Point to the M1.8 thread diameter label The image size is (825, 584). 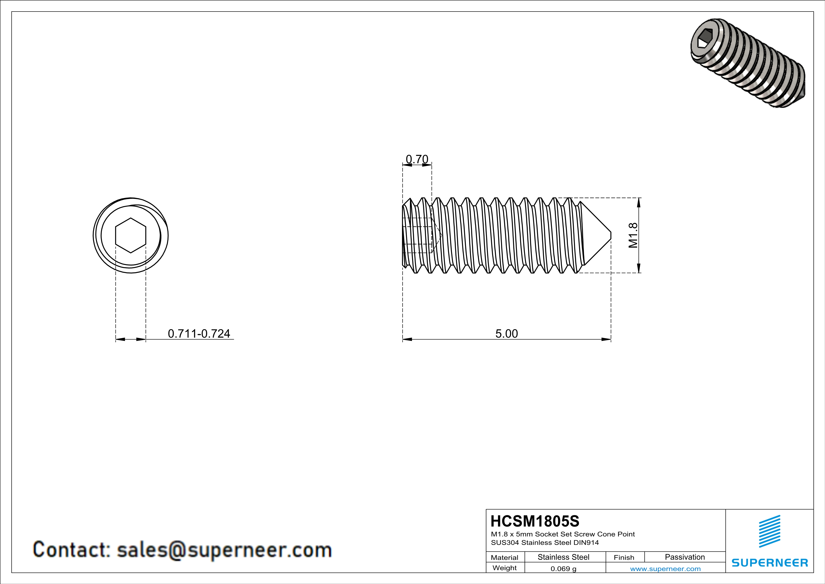pyautogui.click(x=633, y=235)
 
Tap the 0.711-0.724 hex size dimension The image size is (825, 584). pyautogui.click(x=199, y=333)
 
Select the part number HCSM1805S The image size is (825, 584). pyautogui.click(x=535, y=521)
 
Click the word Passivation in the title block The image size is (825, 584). pyautogui.click(x=685, y=557)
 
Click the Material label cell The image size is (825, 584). pyautogui.click(x=505, y=557)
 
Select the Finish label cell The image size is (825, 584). pyautogui.click(x=624, y=557)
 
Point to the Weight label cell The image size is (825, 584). pyautogui.click(x=505, y=568)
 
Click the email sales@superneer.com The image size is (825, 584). pyautogui.click(x=224, y=550)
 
